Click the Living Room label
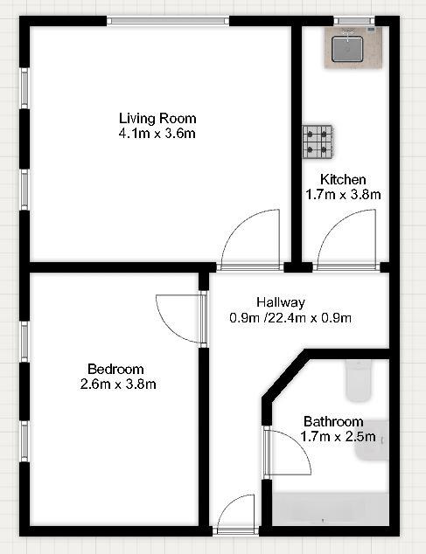click(157, 118)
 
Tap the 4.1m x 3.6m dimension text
click(157, 134)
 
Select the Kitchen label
click(343, 179)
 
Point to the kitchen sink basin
click(347, 49)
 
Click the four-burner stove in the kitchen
click(318, 142)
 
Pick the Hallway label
click(281, 302)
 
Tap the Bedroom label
click(115, 370)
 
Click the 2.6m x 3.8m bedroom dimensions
click(118, 384)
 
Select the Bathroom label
click(333, 421)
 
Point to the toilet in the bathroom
click(359, 381)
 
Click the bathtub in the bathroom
click(331, 509)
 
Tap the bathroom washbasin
click(373, 440)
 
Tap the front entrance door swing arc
click(229, 502)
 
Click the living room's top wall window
click(168, 21)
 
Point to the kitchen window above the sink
click(354, 21)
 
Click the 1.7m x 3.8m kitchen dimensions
click(343, 194)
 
